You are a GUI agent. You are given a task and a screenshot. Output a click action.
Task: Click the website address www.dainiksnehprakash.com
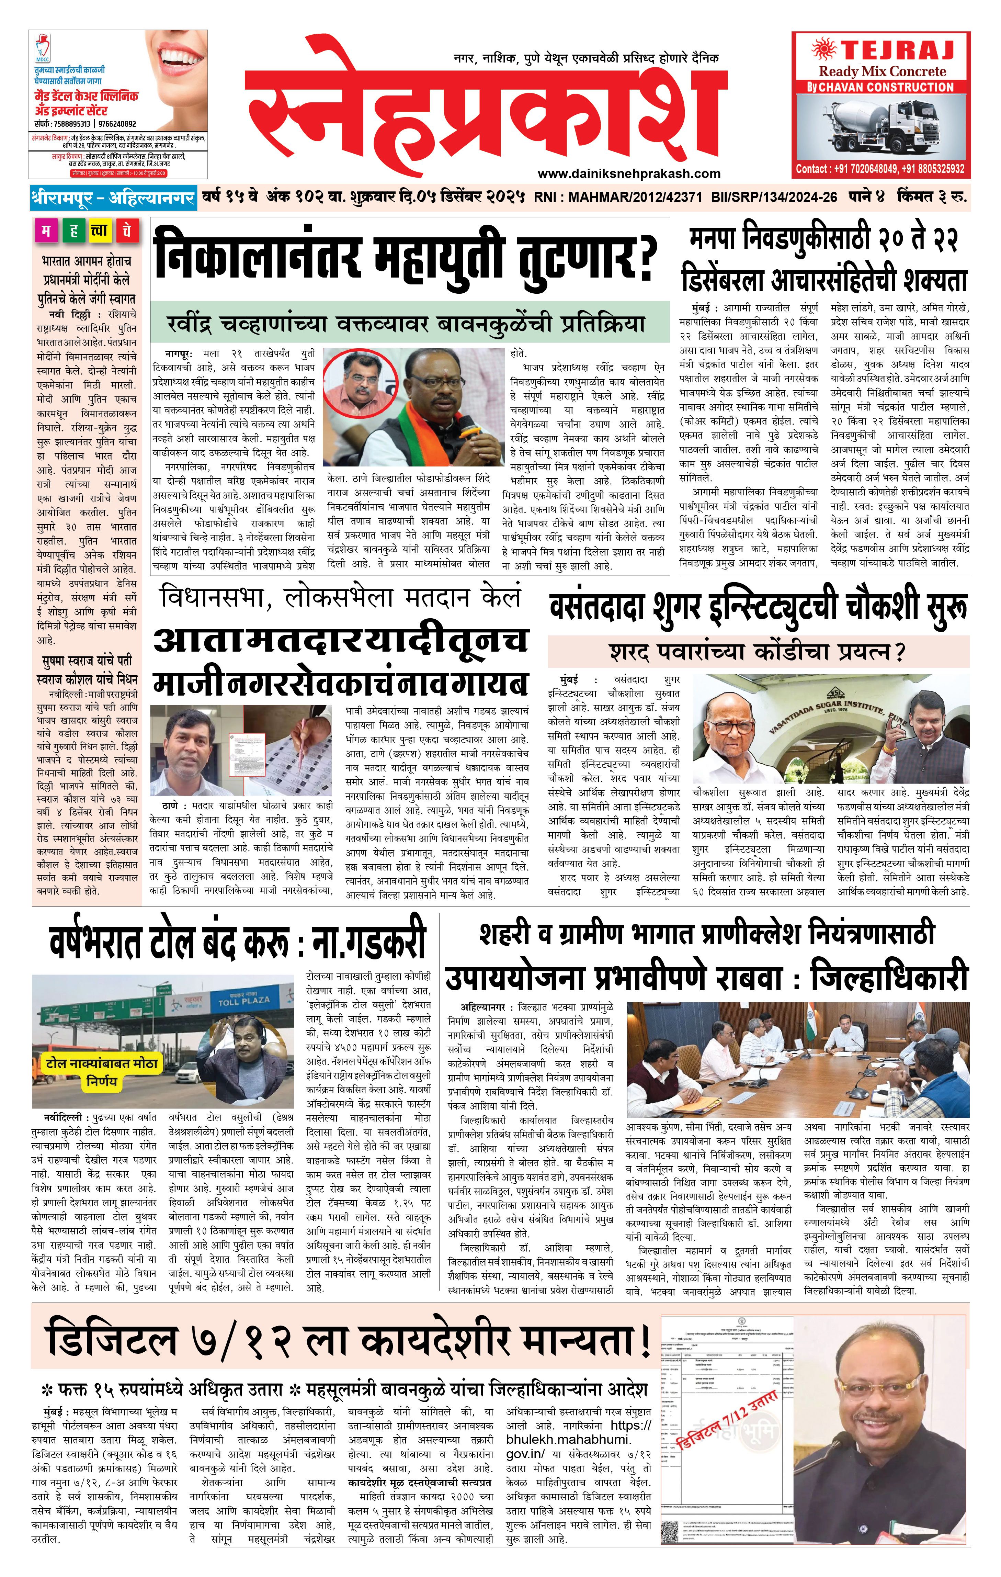628,173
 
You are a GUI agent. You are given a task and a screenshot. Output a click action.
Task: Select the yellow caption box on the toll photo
102,1072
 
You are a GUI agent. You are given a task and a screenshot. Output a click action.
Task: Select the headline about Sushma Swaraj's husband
87,670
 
